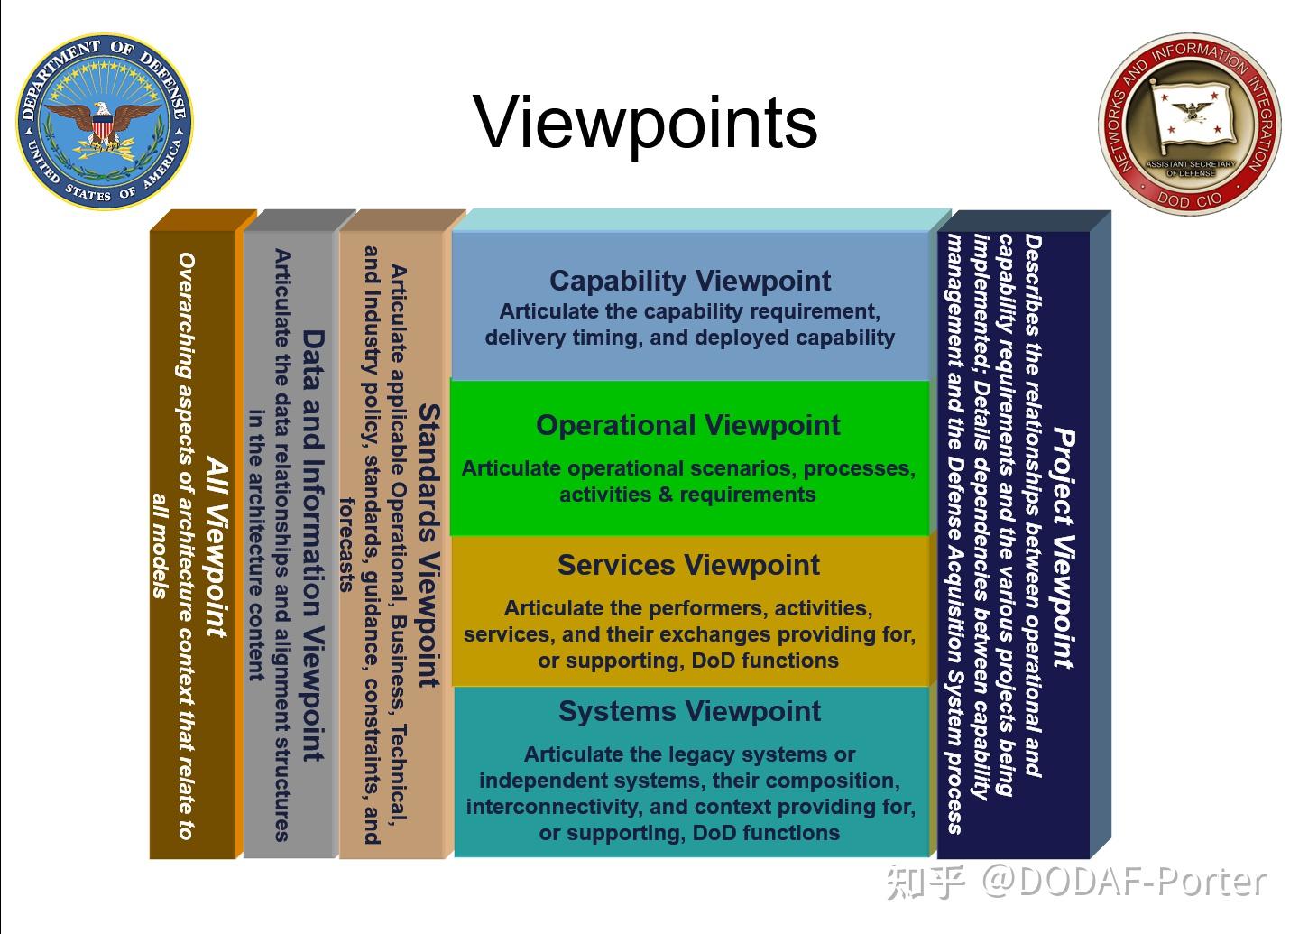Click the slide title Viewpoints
pos(646,122)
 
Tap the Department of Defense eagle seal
pos(105,122)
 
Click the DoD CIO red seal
pos(1190,124)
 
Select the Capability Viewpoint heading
pos(690,281)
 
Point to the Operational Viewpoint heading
pos(687,425)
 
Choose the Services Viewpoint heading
pos(688,566)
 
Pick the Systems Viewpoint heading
pos(689,711)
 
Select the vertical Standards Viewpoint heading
pos(428,545)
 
